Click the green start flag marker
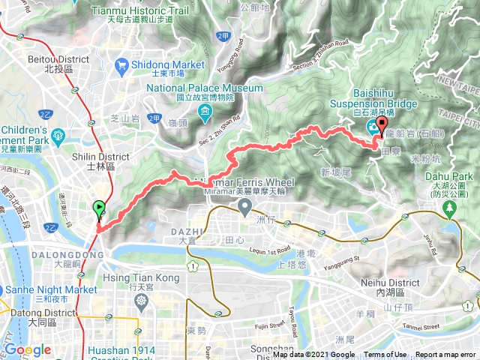98,209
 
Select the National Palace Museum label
205,88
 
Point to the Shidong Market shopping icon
122,65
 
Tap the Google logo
28,350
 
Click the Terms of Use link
385,355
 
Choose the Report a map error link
445,355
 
